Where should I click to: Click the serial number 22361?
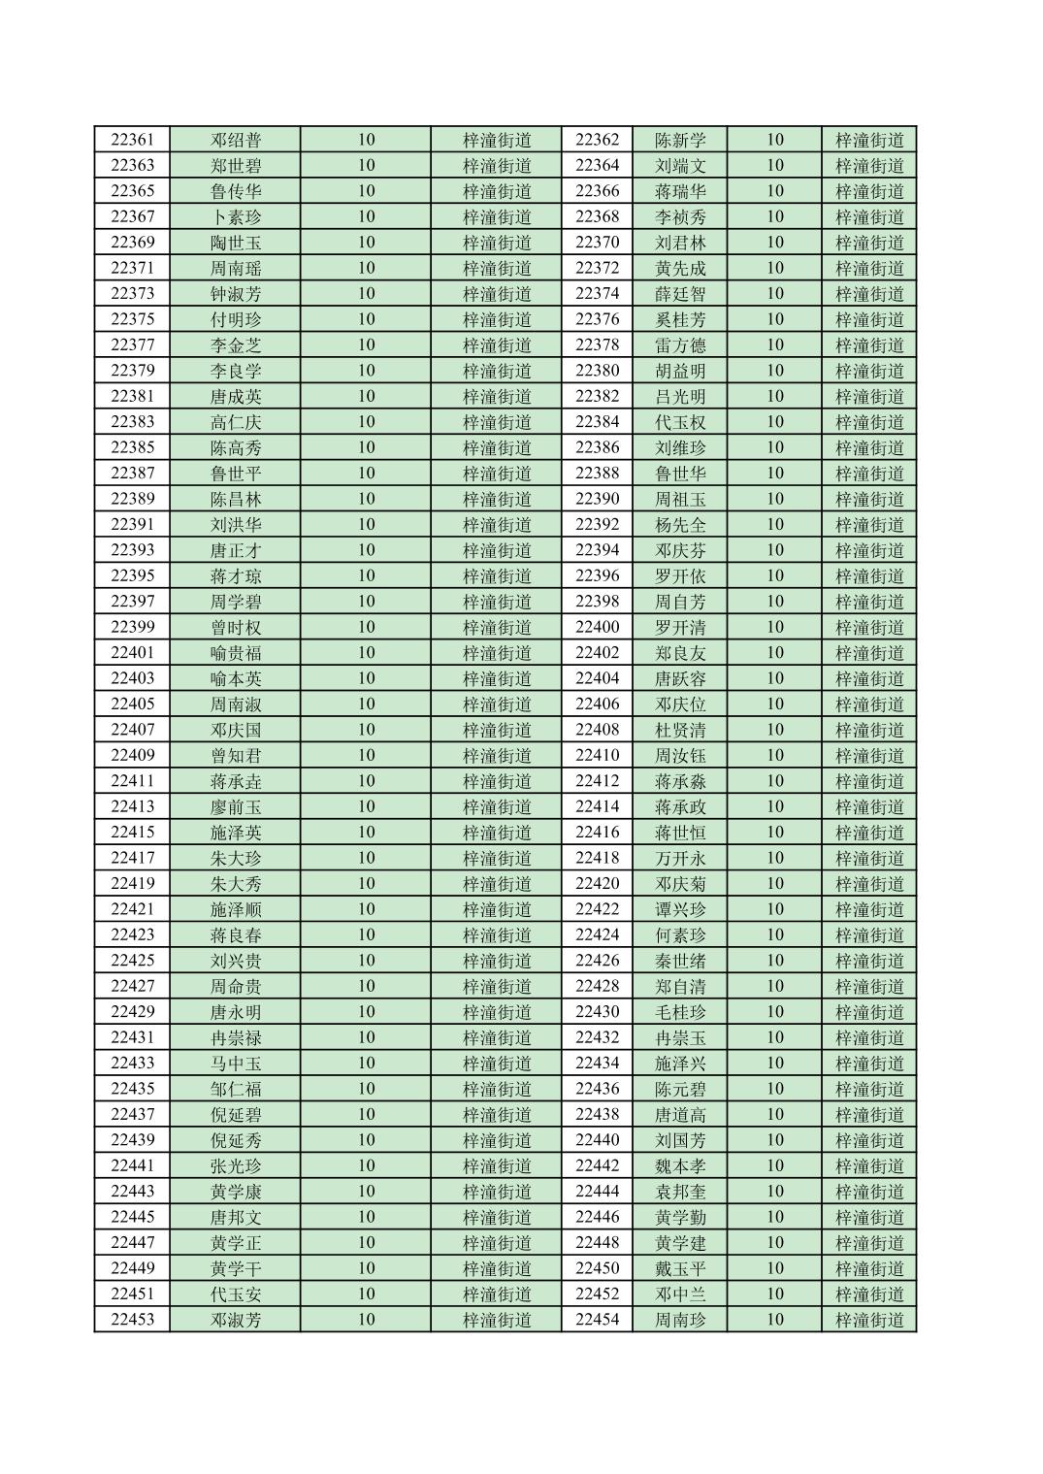(132, 140)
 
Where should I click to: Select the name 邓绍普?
(236, 140)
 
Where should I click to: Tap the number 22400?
(597, 627)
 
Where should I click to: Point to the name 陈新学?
(680, 140)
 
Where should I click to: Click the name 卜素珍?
(236, 216)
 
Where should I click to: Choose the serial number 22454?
(597, 1320)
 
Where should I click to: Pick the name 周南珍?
(680, 1320)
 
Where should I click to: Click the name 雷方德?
(680, 345)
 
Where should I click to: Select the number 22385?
(132, 447)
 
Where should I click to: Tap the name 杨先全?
(680, 525)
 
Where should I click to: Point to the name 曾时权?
(236, 627)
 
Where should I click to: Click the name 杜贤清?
(680, 730)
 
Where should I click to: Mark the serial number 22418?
(597, 858)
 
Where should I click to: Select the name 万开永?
(680, 858)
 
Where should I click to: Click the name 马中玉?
(236, 1064)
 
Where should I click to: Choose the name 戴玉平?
(680, 1268)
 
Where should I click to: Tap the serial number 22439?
(132, 1140)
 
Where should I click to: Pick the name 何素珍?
(680, 934)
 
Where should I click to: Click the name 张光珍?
(236, 1165)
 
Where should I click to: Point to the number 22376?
(597, 319)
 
